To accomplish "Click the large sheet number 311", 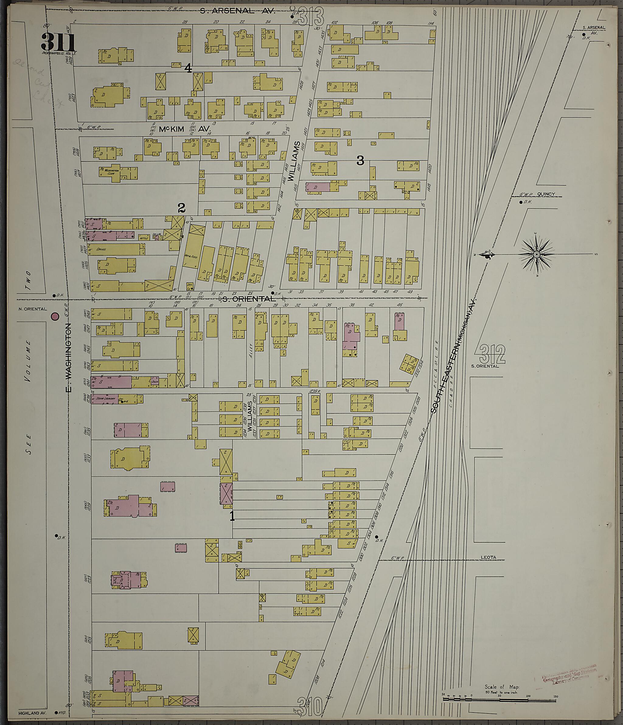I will [x=58, y=42].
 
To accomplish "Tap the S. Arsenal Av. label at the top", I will [x=238, y=11].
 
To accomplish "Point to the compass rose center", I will [x=536, y=254].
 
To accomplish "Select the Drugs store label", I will [x=101, y=250].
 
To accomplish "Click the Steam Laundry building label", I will [x=105, y=398].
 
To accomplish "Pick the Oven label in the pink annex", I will [x=155, y=382].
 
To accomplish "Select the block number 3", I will [x=360, y=161].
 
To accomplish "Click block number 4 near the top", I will [x=188, y=69].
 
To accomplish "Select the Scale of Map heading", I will [x=502, y=677].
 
